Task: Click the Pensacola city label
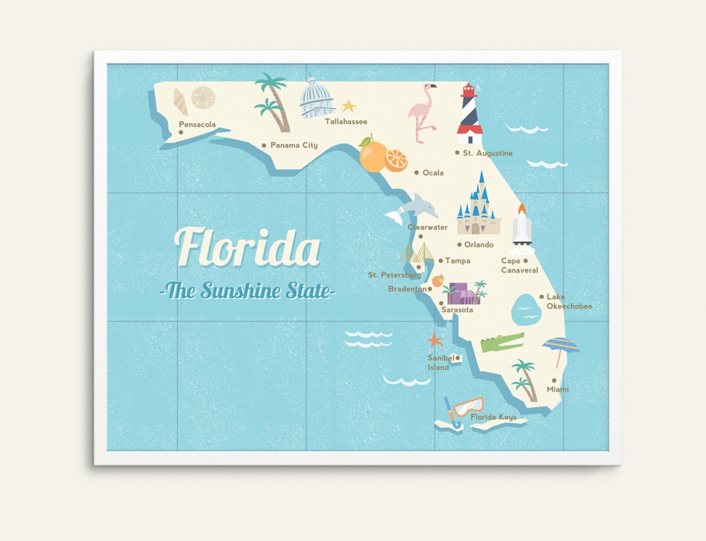tap(197, 125)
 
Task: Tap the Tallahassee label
tap(346, 122)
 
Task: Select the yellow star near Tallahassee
tap(348, 106)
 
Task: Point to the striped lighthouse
tap(469, 116)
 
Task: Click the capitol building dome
tap(317, 99)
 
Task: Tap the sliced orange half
tap(396, 160)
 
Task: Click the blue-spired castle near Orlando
tap(479, 206)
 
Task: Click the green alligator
tap(503, 342)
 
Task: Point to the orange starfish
tap(435, 339)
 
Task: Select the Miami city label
tap(558, 389)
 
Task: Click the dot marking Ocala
tap(417, 172)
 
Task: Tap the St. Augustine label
tap(487, 153)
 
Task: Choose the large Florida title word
tap(248, 247)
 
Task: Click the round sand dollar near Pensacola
tap(203, 97)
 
